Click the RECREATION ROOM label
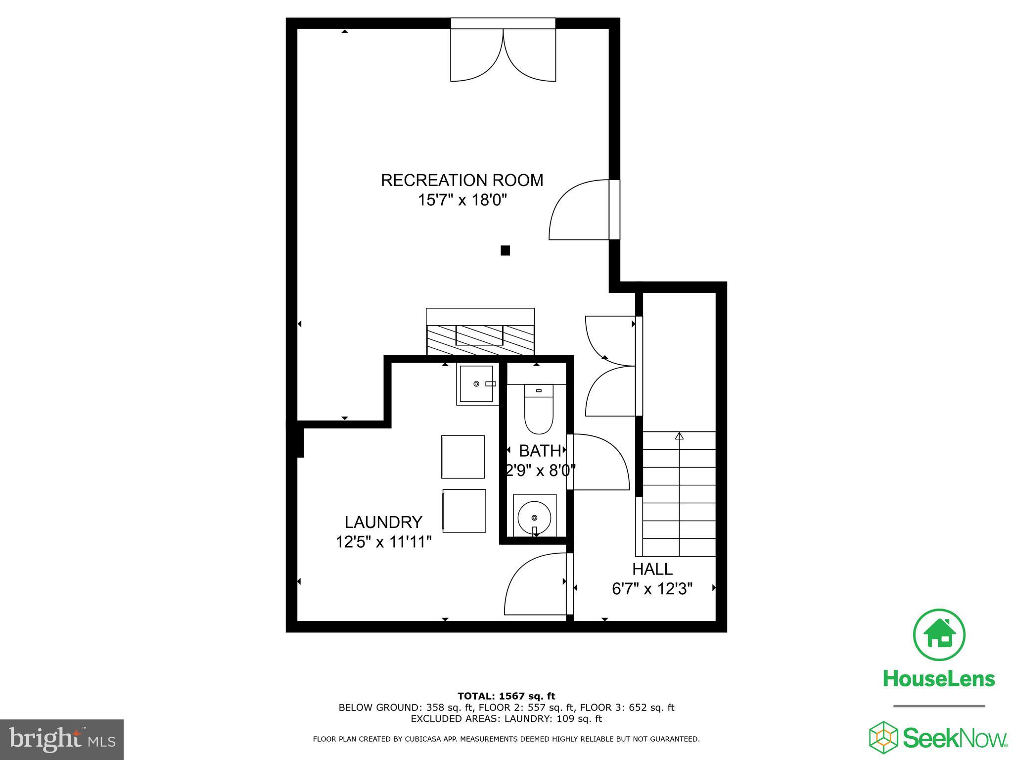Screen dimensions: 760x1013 point(461,180)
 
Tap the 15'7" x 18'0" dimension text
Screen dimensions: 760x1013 point(462,200)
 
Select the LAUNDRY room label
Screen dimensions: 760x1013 point(383,522)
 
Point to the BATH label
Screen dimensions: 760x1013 point(540,451)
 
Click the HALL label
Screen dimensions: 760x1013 point(652,569)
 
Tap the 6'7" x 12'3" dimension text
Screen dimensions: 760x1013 point(652,589)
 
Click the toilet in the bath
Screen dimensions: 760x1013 point(539,410)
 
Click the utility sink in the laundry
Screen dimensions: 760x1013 point(476,384)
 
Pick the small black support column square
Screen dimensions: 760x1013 point(505,250)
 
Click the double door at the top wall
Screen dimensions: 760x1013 point(503,54)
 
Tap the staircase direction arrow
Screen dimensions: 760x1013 point(679,436)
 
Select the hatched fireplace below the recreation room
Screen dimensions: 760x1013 point(480,339)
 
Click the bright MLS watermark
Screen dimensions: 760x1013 point(61,740)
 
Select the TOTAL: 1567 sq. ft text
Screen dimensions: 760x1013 point(506,696)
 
